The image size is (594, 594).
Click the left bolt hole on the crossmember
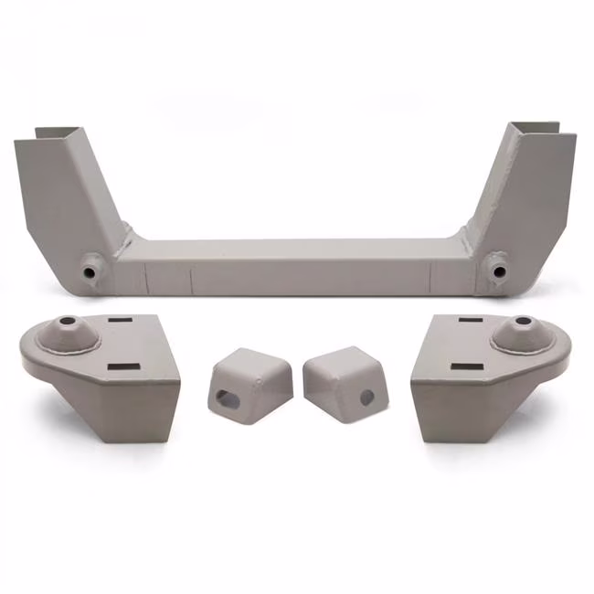[x=90, y=271]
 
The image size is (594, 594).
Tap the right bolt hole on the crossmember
[x=497, y=270]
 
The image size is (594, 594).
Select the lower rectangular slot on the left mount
[x=122, y=367]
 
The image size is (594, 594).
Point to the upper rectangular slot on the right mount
[x=471, y=321]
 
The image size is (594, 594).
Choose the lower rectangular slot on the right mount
[x=466, y=367]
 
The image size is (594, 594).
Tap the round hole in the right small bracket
[x=366, y=398]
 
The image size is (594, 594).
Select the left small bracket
[x=249, y=380]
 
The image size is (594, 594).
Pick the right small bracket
[x=345, y=378]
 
